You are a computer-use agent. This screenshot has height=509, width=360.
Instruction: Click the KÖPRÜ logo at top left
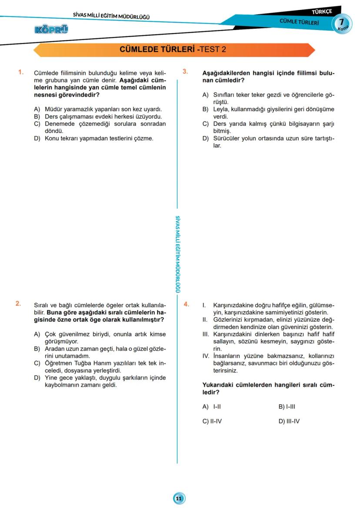[x=51, y=30]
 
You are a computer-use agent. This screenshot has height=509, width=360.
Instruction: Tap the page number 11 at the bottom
[x=179, y=498]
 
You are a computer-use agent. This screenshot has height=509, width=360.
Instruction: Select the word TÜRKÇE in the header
[x=322, y=11]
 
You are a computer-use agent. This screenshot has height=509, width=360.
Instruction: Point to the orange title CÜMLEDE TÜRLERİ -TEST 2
[x=173, y=50]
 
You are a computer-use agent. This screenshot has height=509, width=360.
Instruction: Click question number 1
[x=20, y=72]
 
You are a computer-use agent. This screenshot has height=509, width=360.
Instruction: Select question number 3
[x=185, y=72]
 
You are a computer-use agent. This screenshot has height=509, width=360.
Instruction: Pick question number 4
[x=186, y=304]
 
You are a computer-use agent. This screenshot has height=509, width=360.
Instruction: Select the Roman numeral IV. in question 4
[x=206, y=356]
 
